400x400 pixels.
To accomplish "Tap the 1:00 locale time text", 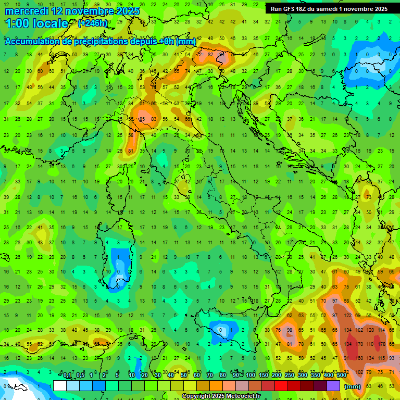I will coord(36,23).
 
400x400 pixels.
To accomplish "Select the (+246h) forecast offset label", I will coord(93,23).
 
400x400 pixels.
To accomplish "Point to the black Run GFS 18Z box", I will coord(329,9).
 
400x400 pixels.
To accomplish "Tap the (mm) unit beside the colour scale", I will coord(353,386).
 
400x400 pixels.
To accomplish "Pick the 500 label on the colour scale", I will coord(341,376).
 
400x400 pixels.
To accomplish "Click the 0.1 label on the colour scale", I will coord(67,376).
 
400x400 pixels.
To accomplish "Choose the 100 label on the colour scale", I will coord(251,376).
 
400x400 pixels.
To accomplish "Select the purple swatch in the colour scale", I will coord(333,385).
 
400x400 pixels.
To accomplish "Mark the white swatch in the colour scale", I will coord(60,385).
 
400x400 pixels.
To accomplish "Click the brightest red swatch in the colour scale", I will coord(281,385).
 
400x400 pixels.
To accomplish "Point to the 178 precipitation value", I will coord(384,344).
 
